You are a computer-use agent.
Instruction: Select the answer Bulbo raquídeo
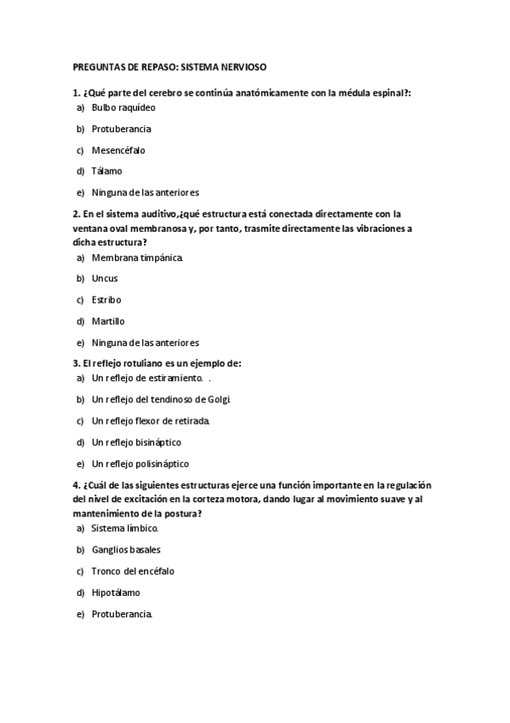tap(123, 108)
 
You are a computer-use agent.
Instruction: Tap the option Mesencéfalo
tap(118, 150)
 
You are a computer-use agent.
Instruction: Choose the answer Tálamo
tap(107, 171)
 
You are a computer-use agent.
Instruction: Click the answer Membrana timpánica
tap(137, 257)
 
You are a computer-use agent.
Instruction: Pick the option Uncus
tap(105, 279)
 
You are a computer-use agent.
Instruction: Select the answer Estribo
tap(106, 300)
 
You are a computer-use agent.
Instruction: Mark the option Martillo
tap(108, 321)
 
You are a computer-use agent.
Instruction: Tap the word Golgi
tap(220, 399)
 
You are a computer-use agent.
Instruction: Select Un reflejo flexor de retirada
tap(150, 421)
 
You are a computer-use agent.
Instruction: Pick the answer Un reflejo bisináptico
tap(136, 442)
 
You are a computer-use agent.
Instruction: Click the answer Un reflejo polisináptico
tap(140, 464)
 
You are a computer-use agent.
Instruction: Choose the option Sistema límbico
tap(124, 529)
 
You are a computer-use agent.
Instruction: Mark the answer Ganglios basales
tap(126, 550)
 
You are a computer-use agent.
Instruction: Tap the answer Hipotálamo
tap(116, 593)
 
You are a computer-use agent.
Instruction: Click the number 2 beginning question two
tap(76, 214)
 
